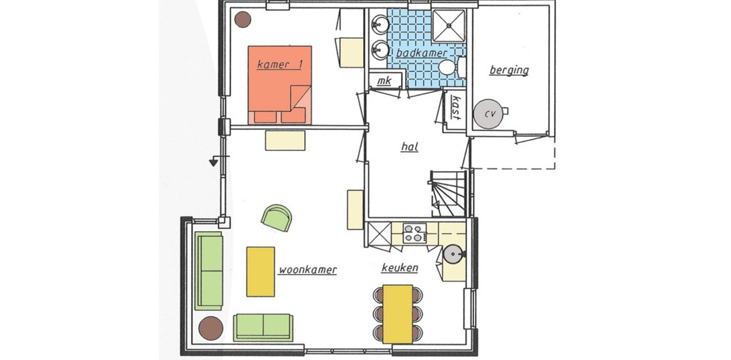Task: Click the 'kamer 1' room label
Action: pyautogui.click(x=279, y=65)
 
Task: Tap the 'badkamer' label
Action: pyautogui.click(x=421, y=53)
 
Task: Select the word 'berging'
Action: pyautogui.click(x=508, y=70)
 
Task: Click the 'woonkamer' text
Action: pyautogui.click(x=308, y=270)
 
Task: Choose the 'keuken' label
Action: pyautogui.click(x=399, y=268)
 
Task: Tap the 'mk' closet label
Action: pyautogui.click(x=384, y=81)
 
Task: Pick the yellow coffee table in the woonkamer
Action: pyautogui.click(x=261, y=271)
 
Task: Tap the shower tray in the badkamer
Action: pyautogui.click(x=448, y=26)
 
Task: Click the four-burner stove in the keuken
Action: pyautogui.click(x=414, y=233)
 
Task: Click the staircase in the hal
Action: pyautogui.click(x=449, y=193)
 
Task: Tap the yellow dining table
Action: pyautogui.click(x=398, y=313)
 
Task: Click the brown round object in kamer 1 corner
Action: pyautogui.click(x=243, y=20)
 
